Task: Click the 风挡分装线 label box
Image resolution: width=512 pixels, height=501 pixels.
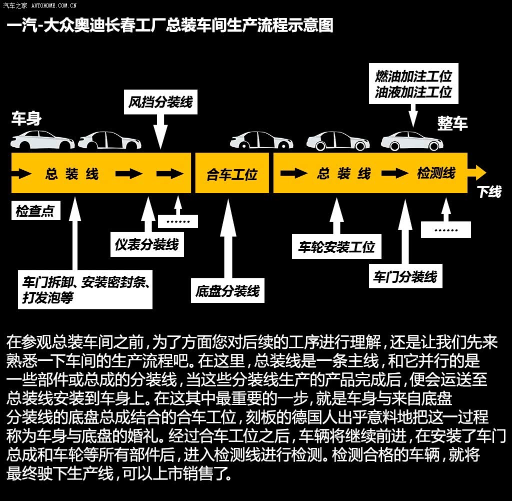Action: pyautogui.click(x=160, y=102)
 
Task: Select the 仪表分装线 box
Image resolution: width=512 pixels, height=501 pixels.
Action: pyautogui.click(x=147, y=244)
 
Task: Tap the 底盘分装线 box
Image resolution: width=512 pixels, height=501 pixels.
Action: pyautogui.click(x=227, y=290)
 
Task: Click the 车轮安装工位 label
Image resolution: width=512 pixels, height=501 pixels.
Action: pyautogui.click(x=336, y=247)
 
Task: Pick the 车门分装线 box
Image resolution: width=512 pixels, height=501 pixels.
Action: pyautogui.click(x=405, y=276)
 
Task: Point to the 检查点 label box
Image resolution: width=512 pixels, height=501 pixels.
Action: pyautogui.click(x=36, y=211)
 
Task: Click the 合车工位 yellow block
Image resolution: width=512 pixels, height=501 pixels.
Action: pyautogui.click(x=232, y=173)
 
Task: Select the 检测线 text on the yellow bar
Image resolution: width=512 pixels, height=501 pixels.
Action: pyautogui.click(x=436, y=173)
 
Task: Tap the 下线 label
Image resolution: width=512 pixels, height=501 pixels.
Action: pyautogui.click(x=489, y=192)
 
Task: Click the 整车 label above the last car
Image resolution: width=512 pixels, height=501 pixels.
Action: pyautogui.click(x=452, y=124)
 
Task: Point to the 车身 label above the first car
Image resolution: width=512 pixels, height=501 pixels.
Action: pyautogui.click(x=26, y=118)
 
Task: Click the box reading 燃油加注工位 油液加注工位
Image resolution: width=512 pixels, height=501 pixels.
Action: pyautogui.click(x=413, y=84)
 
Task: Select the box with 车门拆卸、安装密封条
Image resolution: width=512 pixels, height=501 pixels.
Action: pyautogui.click(x=85, y=290)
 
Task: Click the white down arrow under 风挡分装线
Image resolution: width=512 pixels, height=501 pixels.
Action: pyautogui.click(x=160, y=132)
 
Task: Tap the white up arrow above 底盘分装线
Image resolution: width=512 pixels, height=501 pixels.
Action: pyautogui.click(x=228, y=239)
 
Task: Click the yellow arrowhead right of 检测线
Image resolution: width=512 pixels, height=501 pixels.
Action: pyautogui.click(x=477, y=173)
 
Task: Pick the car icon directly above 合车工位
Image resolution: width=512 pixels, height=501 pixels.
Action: pyautogui.click(x=261, y=140)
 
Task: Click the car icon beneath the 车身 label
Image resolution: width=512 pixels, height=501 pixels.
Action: pyautogui.click(x=42, y=140)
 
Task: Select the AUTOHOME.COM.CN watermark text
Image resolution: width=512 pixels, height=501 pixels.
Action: pyautogui.click(x=54, y=6)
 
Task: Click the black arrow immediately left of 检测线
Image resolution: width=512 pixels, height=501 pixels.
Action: pyautogui.click(x=395, y=173)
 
